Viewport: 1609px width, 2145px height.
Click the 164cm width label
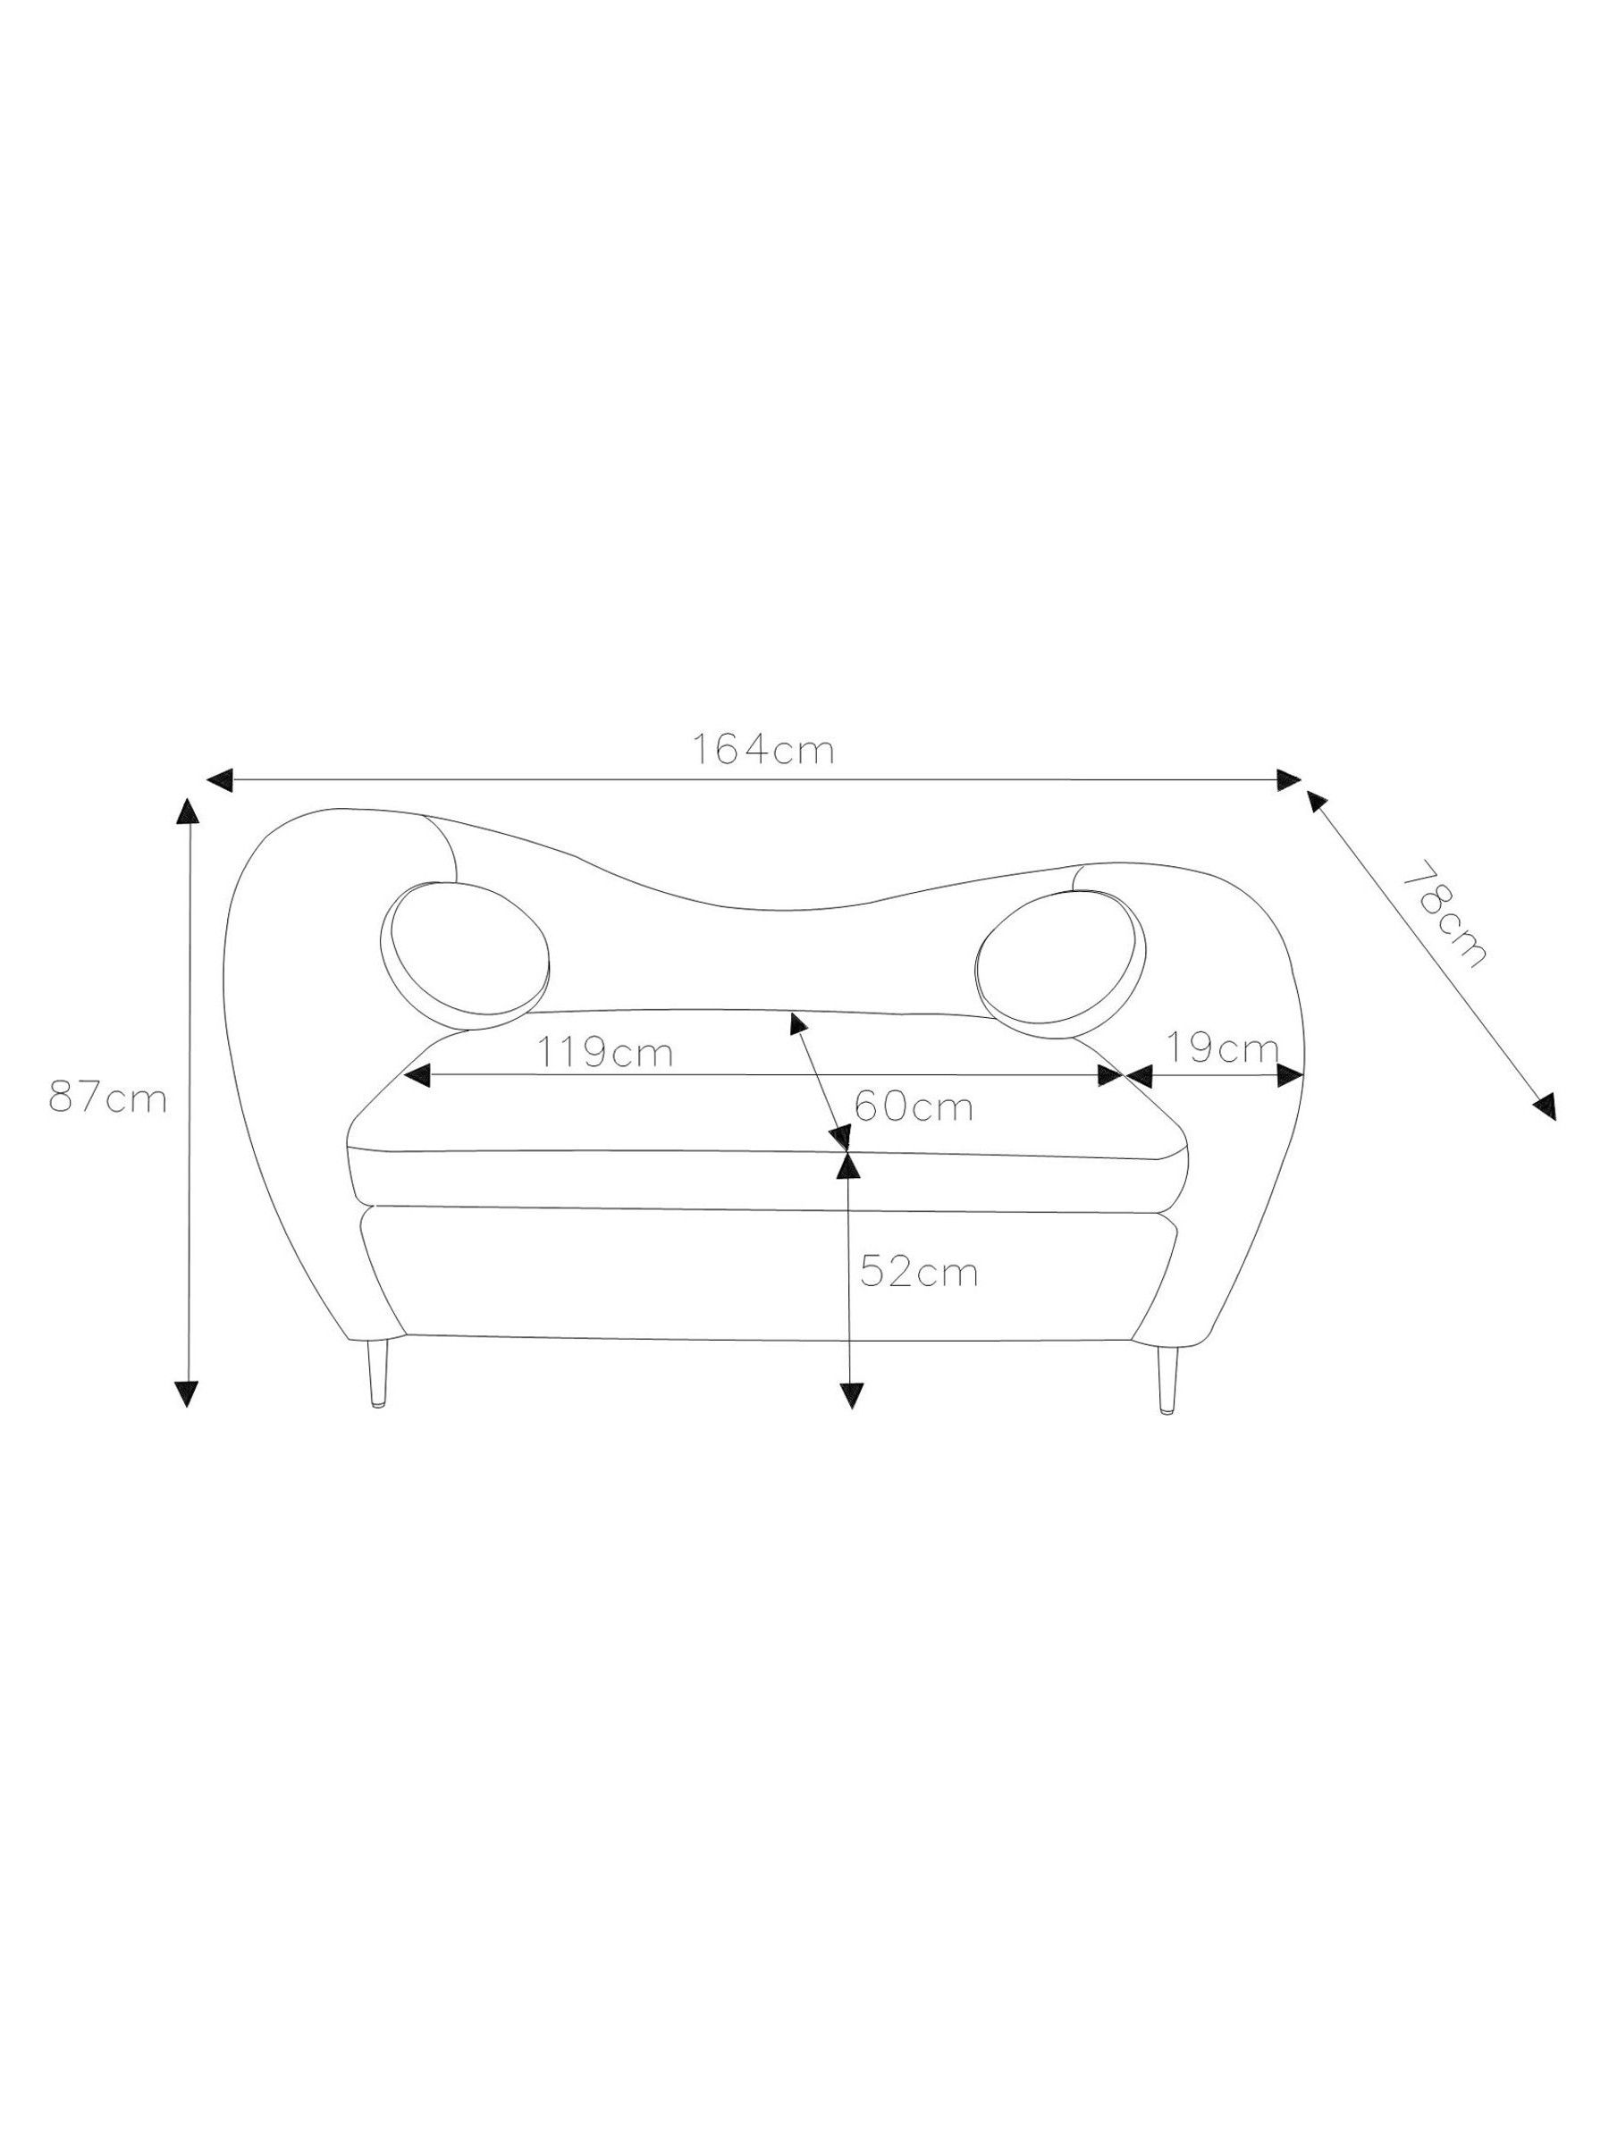762,750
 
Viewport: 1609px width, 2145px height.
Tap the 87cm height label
107,1098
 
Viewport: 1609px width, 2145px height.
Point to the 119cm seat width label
605,1051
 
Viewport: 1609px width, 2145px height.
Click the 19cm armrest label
1222,1047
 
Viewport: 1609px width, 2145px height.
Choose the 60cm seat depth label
914,1106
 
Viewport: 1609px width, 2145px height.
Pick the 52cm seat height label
918,1273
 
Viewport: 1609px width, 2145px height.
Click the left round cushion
465,955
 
